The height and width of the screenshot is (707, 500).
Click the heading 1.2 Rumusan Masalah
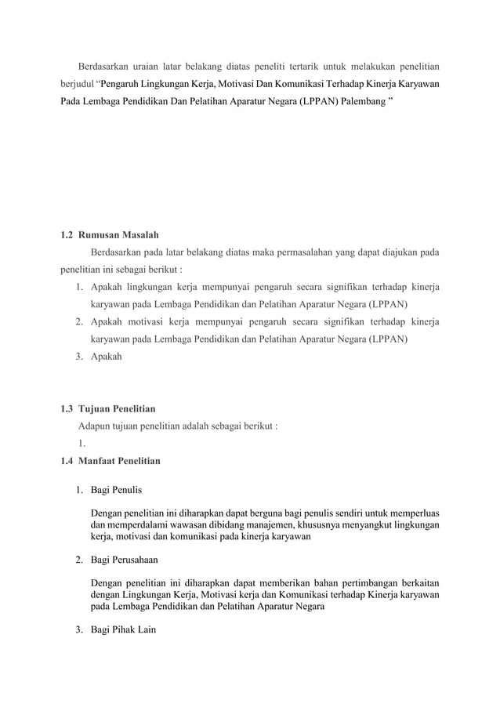[111, 235]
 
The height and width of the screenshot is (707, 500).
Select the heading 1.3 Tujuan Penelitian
[109, 408]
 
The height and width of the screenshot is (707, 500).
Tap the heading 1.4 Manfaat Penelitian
[111, 461]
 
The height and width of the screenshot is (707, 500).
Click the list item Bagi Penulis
[116, 491]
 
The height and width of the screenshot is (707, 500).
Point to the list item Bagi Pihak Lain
[123, 629]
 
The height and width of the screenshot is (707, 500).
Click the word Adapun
[96, 426]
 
